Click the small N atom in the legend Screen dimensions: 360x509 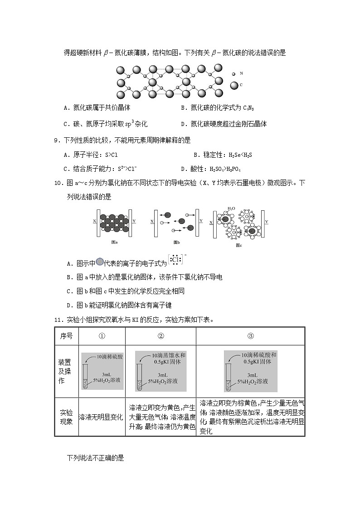click(x=234, y=74)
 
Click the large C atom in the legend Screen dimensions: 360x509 click(x=234, y=85)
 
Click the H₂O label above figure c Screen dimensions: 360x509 click(x=231, y=208)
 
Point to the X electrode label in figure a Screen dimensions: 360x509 click(x=94, y=222)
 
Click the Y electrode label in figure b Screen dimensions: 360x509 click(x=201, y=221)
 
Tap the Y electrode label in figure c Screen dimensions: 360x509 click(x=266, y=222)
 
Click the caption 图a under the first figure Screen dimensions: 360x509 click(x=114, y=242)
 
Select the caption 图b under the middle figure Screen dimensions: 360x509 click(x=177, y=242)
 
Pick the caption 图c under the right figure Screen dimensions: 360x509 click(x=239, y=245)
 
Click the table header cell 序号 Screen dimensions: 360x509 click(x=66, y=335)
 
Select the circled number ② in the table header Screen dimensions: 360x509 click(x=161, y=336)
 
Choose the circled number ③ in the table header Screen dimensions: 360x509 click(x=250, y=336)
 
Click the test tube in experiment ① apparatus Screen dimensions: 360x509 click(x=85, y=378)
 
